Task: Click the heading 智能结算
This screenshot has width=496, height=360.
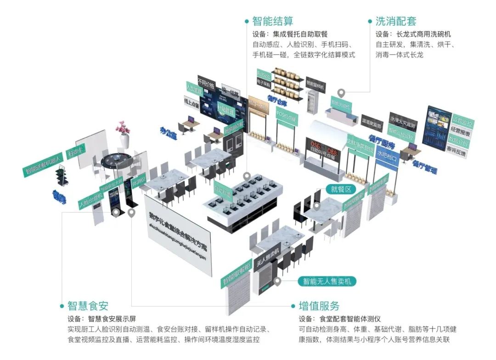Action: click(x=273, y=21)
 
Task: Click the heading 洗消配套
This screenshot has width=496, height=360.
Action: click(x=396, y=21)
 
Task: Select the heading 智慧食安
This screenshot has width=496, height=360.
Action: click(x=88, y=306)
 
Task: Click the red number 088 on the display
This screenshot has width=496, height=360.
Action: click(x=332, y=151)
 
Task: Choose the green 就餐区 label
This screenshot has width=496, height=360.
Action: click(x=341, y=189)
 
